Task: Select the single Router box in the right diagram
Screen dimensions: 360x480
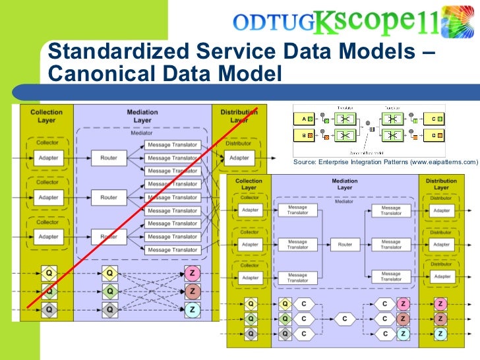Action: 344,244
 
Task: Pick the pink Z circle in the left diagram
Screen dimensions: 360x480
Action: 192,291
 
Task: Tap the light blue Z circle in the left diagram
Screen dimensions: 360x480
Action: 192,309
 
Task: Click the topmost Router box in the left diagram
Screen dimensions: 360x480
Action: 109,158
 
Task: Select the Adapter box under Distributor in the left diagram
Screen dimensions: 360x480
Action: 239,158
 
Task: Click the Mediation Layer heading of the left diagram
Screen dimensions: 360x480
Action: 142,116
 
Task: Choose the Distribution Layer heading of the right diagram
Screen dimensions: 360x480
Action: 441,185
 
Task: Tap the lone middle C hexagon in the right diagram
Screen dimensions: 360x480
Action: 344,319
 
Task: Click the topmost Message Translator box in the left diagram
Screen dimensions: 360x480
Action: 172,145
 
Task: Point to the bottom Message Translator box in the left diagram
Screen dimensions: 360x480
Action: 172,250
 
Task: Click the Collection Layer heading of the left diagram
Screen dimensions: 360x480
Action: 46,116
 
